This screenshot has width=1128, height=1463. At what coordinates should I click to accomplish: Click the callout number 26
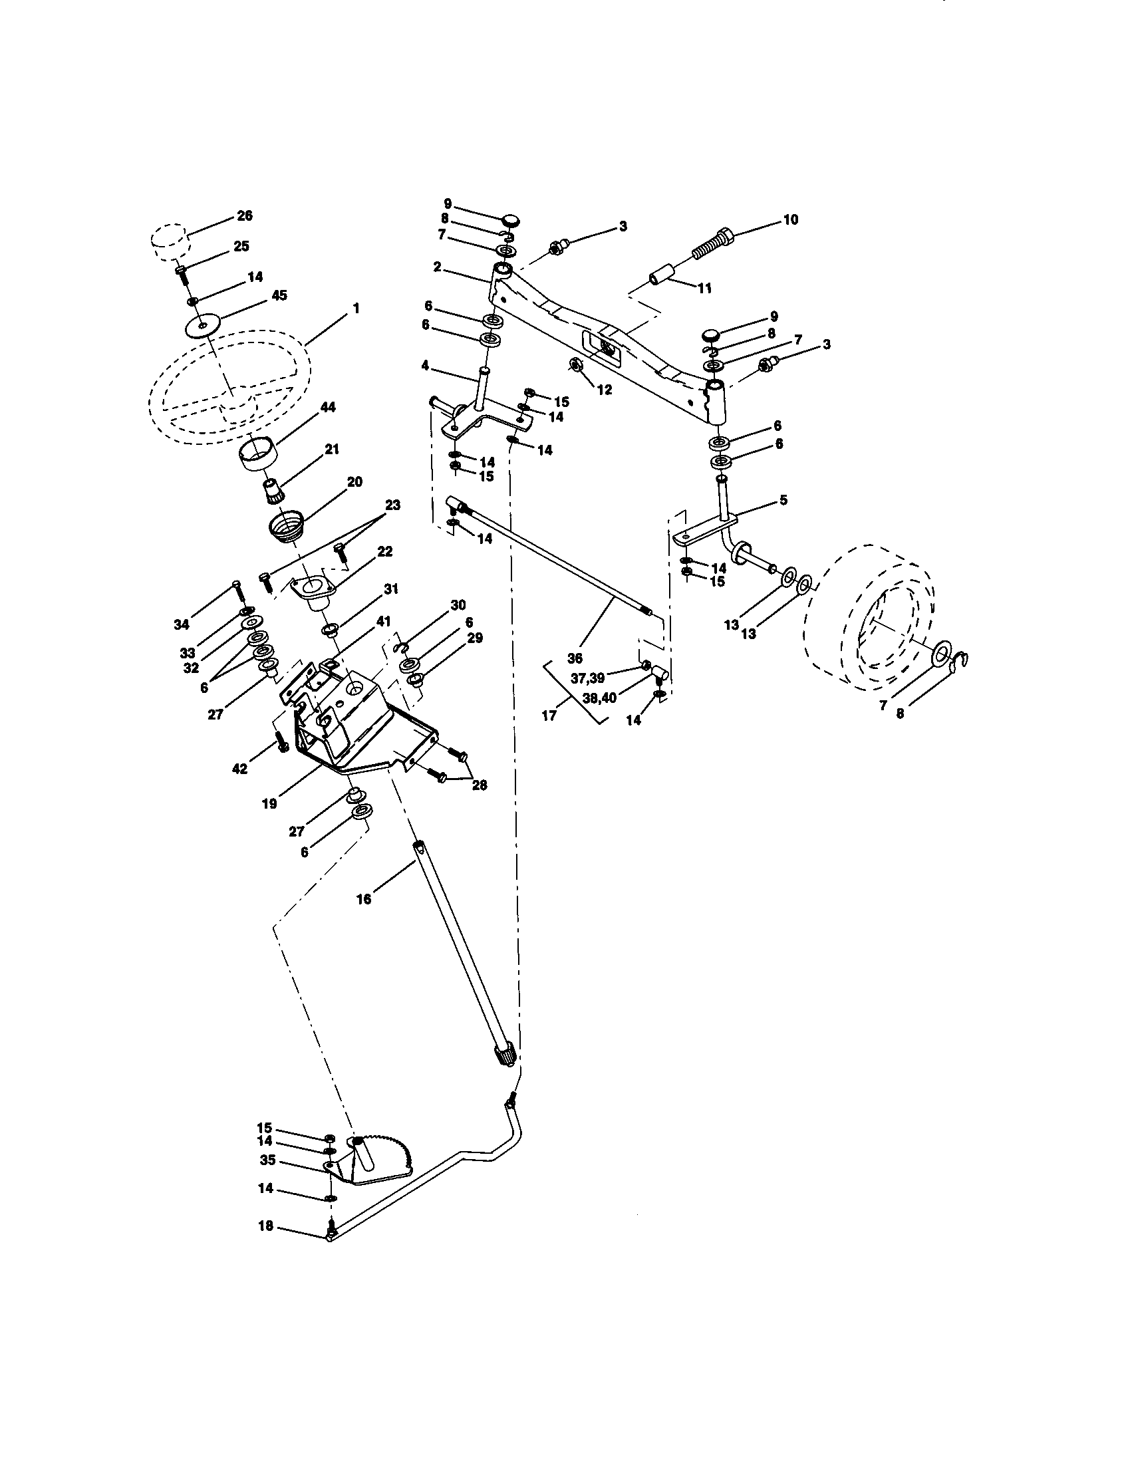pos(245,216)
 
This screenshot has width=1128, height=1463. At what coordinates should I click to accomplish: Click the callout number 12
pos(604,390)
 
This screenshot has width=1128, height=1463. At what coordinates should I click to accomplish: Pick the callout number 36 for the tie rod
pos(575,658)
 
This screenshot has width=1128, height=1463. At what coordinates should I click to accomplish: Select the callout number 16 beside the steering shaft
pos(363,899)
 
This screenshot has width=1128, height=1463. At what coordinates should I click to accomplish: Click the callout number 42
pos(239,769)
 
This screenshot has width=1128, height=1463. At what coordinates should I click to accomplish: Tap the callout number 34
pos(181,625)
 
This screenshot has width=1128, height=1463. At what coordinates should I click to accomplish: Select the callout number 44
pos(327,408)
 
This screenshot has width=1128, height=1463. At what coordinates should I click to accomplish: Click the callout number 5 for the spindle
pos(783,500)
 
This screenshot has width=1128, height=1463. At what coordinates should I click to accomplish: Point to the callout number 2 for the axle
pos(437,267)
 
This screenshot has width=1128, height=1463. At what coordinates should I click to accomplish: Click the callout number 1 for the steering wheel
pos(356,308)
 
